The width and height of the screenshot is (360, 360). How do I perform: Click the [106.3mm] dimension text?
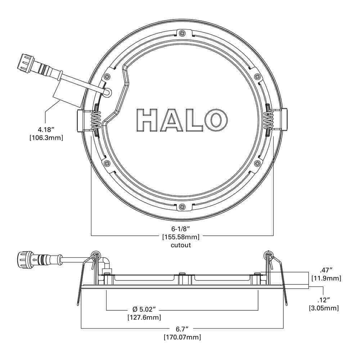coord(46,137)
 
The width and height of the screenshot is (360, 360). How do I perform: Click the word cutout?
coord(180,245)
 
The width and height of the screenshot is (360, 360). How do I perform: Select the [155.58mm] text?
coord(180,237)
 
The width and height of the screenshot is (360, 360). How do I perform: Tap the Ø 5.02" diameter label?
coord(144,309)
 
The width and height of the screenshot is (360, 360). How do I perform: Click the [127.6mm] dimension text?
coord(144,318)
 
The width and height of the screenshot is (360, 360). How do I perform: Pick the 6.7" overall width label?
coord(182,329)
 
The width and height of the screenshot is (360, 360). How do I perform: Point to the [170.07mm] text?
coord(182,337)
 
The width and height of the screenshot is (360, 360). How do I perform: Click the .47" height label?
coord(326,270)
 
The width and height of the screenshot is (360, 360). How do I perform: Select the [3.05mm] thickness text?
coord(324,308)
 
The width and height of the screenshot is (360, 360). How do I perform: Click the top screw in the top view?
coord(183,33)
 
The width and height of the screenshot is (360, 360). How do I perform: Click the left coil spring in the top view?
coord(95,120)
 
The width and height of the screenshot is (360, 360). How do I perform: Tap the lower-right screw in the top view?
coord(257,163)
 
